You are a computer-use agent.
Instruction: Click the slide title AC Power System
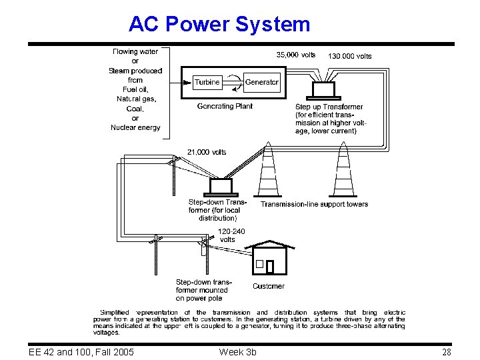pos(219,25)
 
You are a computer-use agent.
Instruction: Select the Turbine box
pos(207,82)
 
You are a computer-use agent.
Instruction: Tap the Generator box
pos(262,82)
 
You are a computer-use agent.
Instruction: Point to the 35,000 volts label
pos(295,55)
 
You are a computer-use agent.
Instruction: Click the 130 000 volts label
pos(350,56)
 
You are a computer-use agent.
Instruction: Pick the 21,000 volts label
pos(206,152)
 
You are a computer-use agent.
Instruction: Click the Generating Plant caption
pos(225,106)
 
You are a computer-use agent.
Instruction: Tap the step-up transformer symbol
pos(325,89)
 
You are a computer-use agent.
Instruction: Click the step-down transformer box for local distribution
pos(221,185)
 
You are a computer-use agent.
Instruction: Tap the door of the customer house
pos(269,267)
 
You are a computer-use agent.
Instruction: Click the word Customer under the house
pos(269,286)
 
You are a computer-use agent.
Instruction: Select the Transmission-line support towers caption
pos(314,204)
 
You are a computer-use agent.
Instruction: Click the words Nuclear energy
pos(135,127)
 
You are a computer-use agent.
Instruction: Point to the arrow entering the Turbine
pos(180,83)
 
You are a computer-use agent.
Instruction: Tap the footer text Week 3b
pos(237,351)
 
